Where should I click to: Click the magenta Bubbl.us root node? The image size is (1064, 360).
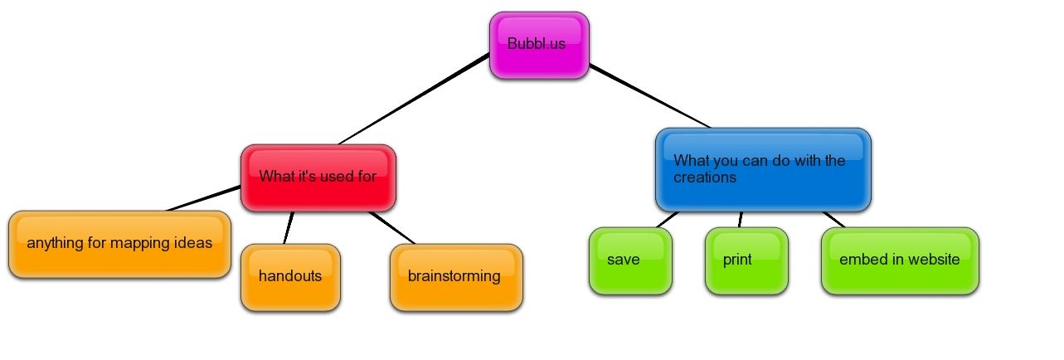click(x=538, y=45)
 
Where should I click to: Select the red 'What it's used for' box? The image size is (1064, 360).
click(x=318, y=177)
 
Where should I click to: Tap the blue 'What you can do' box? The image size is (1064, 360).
click(x=762, y=168)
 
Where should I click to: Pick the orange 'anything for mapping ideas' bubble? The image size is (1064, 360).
click(x=119, y=244)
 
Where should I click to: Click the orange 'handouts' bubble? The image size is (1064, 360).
click(x=290, y=277)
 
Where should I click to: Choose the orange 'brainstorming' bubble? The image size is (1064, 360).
click(x=455, y=277)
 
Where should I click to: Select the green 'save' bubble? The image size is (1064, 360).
click(x=629, y=260)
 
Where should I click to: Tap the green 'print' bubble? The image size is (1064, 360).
click(x=746, y=260)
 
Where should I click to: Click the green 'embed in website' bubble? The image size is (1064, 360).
click(x=899, y=260)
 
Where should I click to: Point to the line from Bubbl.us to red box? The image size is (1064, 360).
click(x=415, y=99)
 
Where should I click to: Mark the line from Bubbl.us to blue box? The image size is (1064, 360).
click(x=651, y=96)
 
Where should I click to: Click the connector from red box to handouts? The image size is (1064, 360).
click(x=288, y=227)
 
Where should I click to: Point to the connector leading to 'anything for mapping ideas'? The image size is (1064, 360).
click(x=203, y=200)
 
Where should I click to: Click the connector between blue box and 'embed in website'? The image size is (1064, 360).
click(x=833, y=219)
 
